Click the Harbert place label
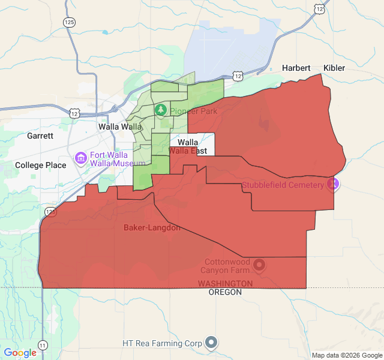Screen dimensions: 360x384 [x=296, y=68]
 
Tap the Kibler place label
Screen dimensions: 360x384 [x=334, y=68]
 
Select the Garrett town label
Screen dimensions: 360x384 [x=40, y=136]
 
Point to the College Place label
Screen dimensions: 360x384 [x=41, y=165]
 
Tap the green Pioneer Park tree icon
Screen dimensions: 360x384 [x=160, y=110]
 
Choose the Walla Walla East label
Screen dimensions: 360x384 [x=188, y=147]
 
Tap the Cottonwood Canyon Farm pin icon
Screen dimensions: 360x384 [x=259, y=264]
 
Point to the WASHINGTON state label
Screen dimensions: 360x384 [x=225, y=283]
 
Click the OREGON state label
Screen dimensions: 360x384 [x=225, y=292]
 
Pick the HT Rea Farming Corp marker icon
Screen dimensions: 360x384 [x=211, y=343]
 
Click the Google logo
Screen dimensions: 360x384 [x=20, y=353]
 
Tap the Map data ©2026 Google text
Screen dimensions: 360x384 [x=346, y=355]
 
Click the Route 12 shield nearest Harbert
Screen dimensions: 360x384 [x=239, y=76]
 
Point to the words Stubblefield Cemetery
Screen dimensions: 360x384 [x=283, y=185]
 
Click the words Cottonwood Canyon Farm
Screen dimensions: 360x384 [x=227, y=266]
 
